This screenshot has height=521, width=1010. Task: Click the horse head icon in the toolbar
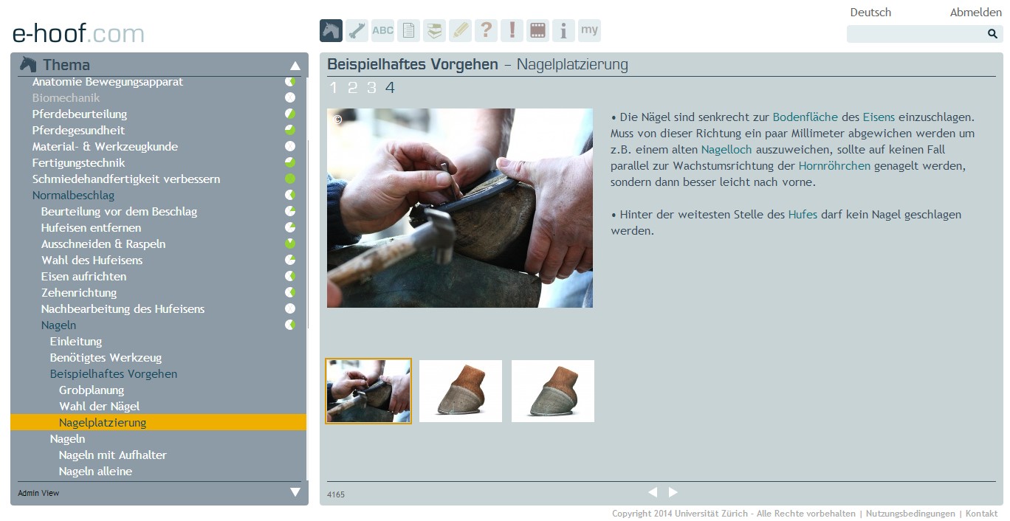331,31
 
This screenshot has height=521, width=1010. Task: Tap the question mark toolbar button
486,31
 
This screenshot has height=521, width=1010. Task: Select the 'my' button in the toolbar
589,31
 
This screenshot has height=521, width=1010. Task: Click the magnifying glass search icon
992,34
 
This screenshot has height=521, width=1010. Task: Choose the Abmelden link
975,12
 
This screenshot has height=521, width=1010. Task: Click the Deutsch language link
870,12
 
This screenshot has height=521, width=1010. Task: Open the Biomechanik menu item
66,98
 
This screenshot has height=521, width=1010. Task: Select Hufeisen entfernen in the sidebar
91,227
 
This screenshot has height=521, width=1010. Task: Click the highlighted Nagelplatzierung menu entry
103,422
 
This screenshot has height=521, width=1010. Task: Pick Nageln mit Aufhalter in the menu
113,455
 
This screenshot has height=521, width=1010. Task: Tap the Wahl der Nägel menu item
99,406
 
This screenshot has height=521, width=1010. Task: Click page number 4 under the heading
390,87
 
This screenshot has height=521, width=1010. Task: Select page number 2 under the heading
352,87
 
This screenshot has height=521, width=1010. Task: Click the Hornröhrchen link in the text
834,166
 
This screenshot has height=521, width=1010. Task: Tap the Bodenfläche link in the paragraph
805,117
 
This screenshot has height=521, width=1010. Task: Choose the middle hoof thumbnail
461,391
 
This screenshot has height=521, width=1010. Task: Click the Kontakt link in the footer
981,514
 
